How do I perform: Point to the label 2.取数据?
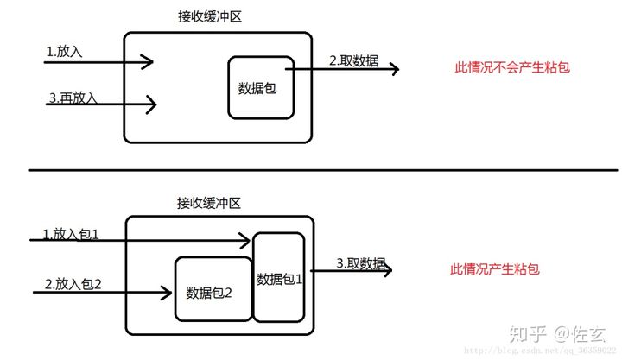click(353, 60)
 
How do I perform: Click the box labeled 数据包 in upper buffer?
click(260, 87)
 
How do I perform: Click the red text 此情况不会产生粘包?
click(512, 66)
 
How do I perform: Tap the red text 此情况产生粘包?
click(495, 269)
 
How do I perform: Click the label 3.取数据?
click(360, 262)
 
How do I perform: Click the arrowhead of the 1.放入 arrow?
click(149, 61)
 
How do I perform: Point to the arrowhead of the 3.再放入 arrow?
click(152, 105)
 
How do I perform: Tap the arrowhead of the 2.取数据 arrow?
click(395, 69)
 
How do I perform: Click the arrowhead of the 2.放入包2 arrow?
click(166, 293)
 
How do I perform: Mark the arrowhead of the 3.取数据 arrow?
click(388, 270)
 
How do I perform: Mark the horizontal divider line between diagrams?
click(311, 170)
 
